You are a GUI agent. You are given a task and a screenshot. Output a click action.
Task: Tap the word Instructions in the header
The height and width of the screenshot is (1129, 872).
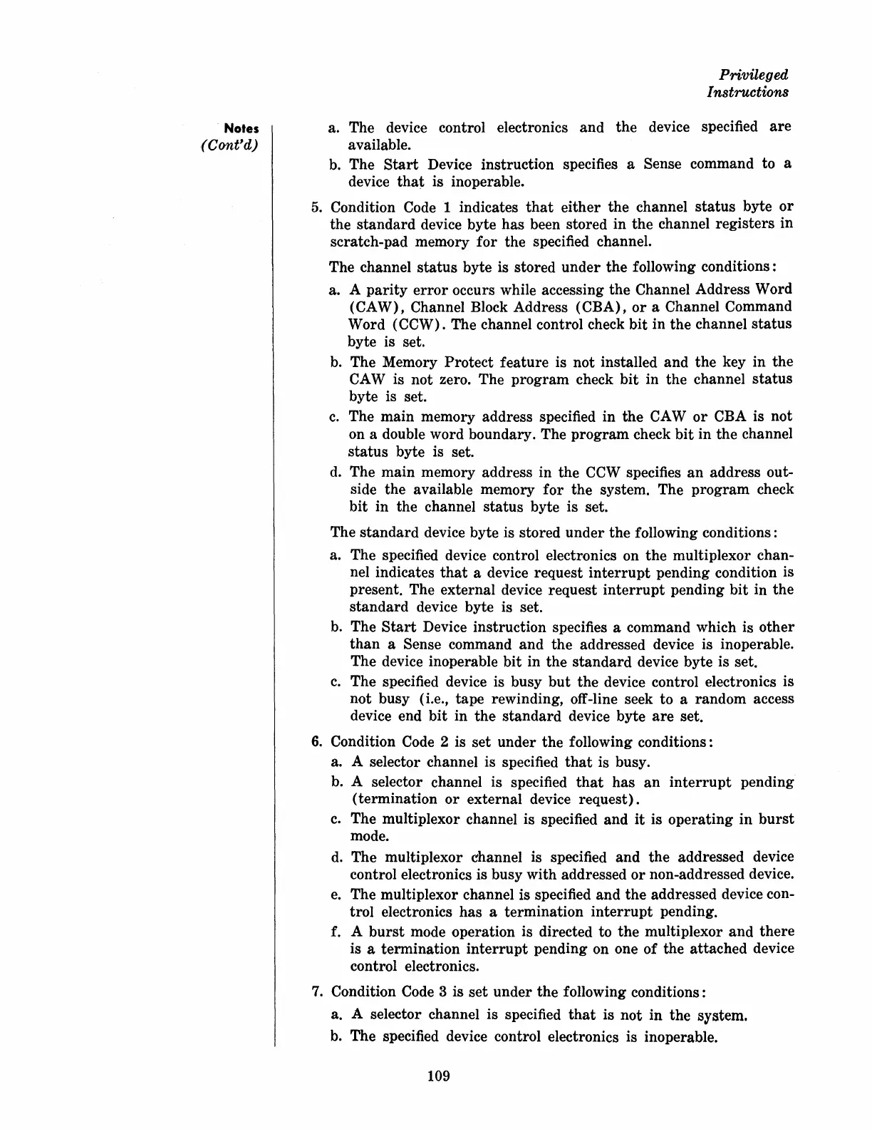[x=747, y=92]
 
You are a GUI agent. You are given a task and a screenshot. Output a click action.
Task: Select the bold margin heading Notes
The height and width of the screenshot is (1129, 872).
[x=242, y=129]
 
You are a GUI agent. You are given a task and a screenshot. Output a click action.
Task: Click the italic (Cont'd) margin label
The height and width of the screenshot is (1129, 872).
[x=229, y=146]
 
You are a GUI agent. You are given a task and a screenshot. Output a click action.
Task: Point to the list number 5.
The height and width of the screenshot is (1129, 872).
[x=317, y=207]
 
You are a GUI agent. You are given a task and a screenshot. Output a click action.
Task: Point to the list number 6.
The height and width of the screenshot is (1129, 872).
[x=317, y=742]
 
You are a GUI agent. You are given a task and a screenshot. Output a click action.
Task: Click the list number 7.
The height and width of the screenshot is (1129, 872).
[x=317, y=992]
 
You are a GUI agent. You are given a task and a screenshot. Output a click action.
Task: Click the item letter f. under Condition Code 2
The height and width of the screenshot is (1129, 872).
[x=336, y=932]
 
